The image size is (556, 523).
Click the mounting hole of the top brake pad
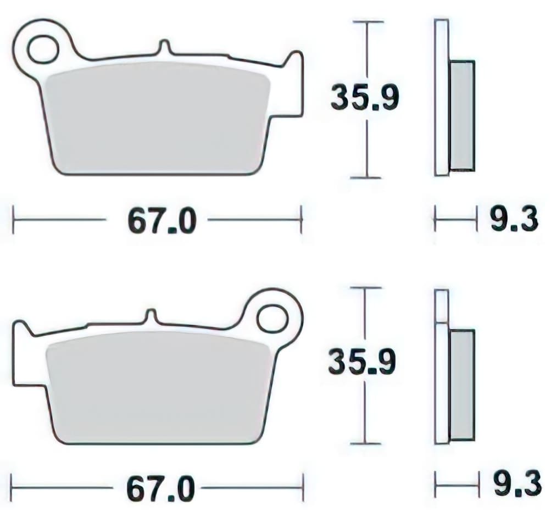coord(43,49)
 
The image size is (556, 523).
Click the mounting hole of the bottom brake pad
coord(272,318)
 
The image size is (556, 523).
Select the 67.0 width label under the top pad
coord(162,221)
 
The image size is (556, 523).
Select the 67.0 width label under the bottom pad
coord(160,488)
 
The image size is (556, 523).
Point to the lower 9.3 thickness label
coord(516,485)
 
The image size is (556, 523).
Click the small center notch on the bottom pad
coord(151,316)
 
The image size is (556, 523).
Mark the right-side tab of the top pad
coord(294,82)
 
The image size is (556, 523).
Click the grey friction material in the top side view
coord(462,115)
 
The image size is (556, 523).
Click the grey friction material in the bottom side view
coord(462,385)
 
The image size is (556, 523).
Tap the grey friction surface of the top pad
coord(157,118)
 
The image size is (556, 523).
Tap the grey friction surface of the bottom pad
coord(159,387)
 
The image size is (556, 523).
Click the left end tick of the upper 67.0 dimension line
coord(14,220)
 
